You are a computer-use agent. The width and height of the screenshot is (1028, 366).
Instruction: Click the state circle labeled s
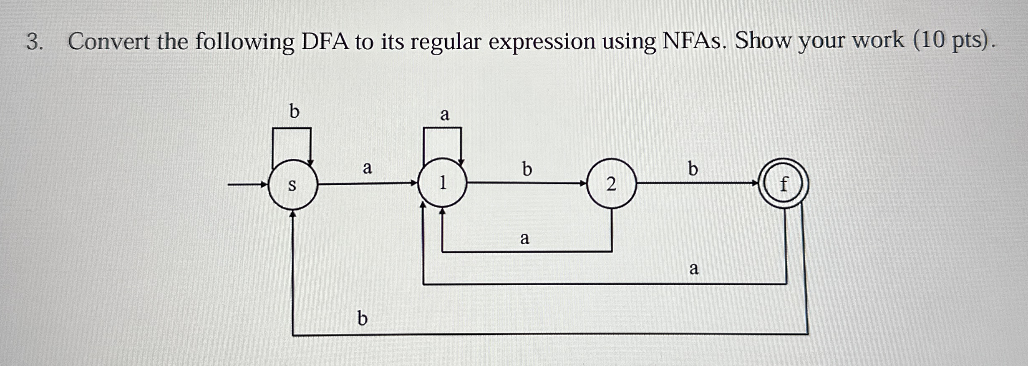coord(292,184)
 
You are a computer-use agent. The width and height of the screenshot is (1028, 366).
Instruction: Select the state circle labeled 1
coord(442,183)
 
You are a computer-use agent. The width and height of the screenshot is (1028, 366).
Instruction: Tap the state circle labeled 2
coord(612,183)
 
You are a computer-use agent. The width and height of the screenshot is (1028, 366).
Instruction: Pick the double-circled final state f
coord(784,183)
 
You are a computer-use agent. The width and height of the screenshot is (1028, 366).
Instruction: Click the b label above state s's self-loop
coord(294,111)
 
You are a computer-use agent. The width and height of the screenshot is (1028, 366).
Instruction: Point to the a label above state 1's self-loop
coord(445,114)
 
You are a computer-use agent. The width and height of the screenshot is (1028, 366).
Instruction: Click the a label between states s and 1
coord(367,168)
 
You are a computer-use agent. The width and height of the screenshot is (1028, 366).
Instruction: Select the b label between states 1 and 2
coord(527,169)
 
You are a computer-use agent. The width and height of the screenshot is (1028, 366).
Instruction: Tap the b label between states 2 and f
coord(693,169)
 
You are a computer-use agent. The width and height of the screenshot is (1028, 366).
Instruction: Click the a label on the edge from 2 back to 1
coord(524,238)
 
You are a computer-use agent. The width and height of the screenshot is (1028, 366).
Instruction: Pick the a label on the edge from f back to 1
coord(693,268)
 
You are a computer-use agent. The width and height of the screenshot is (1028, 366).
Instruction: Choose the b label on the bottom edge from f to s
coord(363,319)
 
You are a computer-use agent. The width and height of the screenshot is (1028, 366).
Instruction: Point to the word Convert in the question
coord(109,42)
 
